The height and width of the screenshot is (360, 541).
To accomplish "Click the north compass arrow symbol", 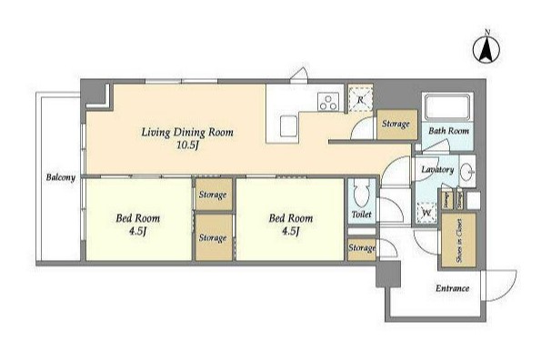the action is tap(486, 49).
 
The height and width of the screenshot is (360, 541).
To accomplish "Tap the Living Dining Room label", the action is tap(187, 133).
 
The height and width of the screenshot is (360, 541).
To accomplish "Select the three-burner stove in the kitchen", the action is tap(328, 103).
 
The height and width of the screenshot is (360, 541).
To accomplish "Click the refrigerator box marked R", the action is tap(361, 99).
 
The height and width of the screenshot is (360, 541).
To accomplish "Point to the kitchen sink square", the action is tap(288, 125).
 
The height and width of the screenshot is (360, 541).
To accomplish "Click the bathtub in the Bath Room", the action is tap(448, 106).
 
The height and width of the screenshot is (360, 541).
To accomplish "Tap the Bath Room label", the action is tap(448, 131).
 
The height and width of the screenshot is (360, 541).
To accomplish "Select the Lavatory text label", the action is tap(437, 170).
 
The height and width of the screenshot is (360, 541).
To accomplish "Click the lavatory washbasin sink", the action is tap(467, 171).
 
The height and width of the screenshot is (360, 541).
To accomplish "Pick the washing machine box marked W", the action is tap(426, 213).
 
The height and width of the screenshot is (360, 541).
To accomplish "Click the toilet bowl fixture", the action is tap(362, 194).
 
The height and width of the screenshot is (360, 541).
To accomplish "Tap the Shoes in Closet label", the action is tap(459, 240).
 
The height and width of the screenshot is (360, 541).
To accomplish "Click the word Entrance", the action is tap(452, 288).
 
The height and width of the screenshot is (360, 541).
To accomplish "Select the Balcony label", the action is tap(61, 177).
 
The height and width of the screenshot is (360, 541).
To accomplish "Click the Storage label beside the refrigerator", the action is tap(396, 124).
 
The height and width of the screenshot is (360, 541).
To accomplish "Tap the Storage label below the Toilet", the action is tap(362, 248).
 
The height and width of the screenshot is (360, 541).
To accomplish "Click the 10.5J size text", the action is tap(187, 145).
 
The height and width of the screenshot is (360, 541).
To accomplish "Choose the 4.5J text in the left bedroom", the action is tap(137, 231).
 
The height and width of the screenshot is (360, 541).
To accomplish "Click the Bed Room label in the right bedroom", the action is tap(291, 218).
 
